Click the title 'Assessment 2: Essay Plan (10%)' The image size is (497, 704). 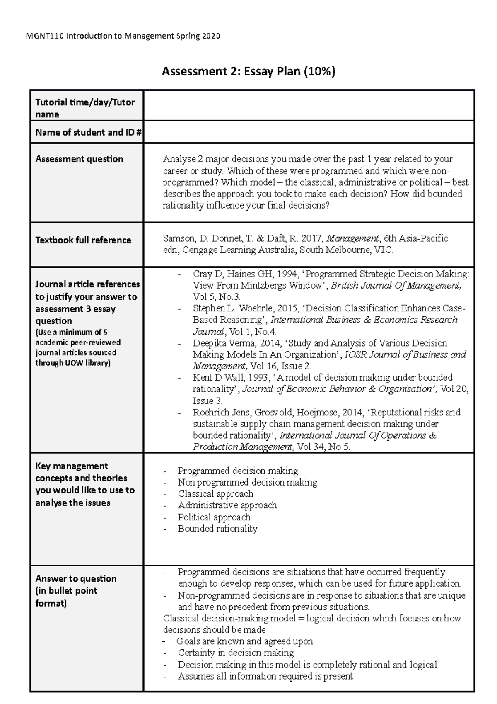point(248,72)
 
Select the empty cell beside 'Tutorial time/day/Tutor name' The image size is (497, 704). point(308,105)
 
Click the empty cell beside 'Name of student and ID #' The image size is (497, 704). point(308,132)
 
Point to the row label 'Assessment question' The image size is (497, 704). point(79,159)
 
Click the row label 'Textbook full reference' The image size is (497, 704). point(83,240)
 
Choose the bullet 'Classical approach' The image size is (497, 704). point(215,494)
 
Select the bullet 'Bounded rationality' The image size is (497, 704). point(217,529)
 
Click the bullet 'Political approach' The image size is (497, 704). point(214,517)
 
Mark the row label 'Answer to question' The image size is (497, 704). point(76,579)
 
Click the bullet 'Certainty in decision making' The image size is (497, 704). point(236,653)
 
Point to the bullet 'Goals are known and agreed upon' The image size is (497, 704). point(244,641)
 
